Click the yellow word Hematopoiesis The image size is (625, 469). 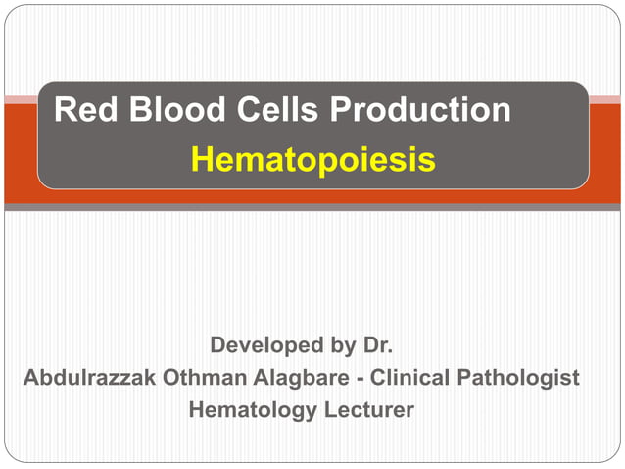(x=313, y=160)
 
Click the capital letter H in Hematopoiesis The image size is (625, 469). (x=202, y=160)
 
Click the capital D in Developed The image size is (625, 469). (x=218, y=345)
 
